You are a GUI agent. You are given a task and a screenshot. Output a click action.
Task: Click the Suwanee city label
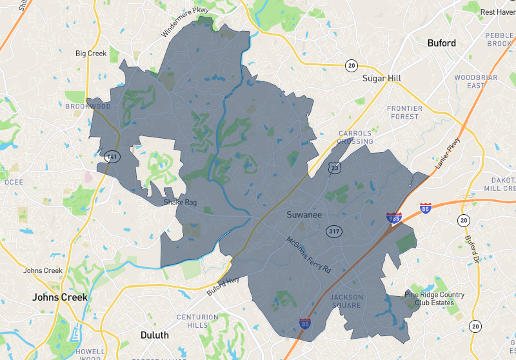click(x=304, y=214)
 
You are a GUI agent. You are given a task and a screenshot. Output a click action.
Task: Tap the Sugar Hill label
click(x=381, y=79)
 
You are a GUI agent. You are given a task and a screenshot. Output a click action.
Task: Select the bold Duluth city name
click(x=154, y=335)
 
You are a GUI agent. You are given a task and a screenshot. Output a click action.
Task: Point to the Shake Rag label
click(x=179, y=202)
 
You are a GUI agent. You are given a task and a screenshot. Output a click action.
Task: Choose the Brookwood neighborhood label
click(x=88, y=106)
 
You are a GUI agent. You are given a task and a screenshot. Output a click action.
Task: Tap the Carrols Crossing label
click(x=355, y=137)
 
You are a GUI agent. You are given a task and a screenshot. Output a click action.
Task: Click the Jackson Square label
click(x=346, y=301)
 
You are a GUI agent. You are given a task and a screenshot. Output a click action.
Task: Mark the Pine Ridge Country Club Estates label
click(x=430, y=299)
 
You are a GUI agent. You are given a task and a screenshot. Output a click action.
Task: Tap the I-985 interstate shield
click(x=394, y=218)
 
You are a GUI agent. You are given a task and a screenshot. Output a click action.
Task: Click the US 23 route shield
click(x=334, y=168)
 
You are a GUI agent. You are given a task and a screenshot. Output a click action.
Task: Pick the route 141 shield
click(x=111, y=156)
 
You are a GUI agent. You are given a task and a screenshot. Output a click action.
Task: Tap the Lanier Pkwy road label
click(x=448, y=154)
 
